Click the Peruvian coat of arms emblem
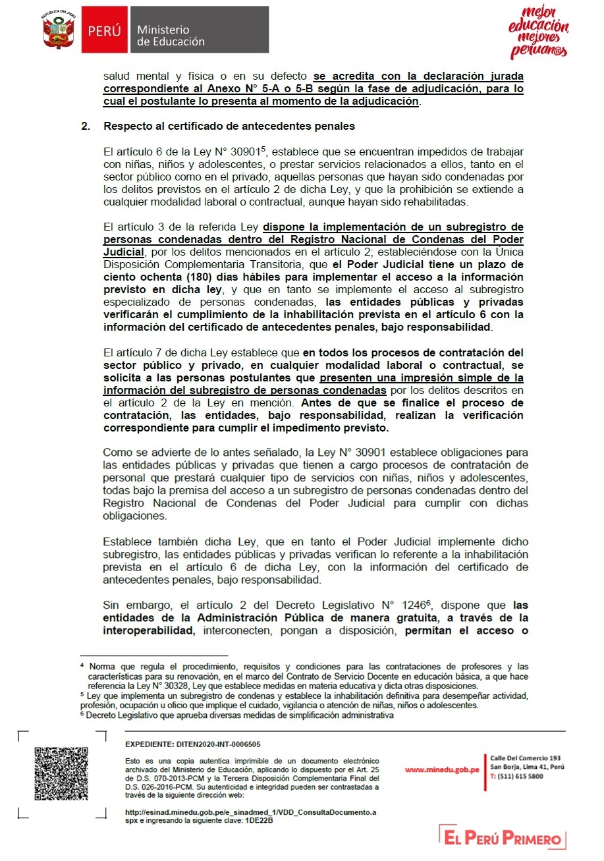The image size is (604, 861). (57, 30)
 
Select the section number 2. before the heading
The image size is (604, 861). (86, 126)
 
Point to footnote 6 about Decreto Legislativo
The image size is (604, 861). (237, 715)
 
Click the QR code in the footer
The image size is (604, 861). (61, 773)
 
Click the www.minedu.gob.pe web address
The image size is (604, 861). (441, 770)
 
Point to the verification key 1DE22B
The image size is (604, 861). (259, 821)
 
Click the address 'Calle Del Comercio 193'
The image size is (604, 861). (526, 758)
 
